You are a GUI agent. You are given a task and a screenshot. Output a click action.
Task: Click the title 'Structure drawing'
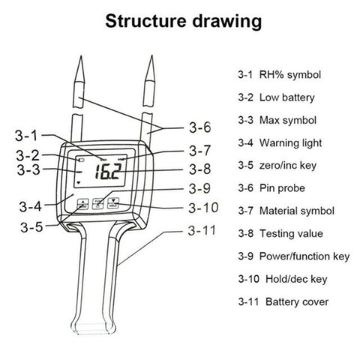tap(184, 22)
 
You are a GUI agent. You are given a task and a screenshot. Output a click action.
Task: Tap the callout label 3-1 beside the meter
tap(26, 136)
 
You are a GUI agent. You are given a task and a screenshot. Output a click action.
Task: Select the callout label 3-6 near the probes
tap(200, 127)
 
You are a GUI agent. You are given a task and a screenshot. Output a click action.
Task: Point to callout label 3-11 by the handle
tap(202, 230)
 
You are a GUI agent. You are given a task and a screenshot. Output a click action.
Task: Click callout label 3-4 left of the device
tap(31, 206)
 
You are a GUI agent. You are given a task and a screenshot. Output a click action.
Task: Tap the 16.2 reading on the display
tap(108, 171)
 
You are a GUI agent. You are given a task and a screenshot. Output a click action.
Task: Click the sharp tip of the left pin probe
tap(80, 56)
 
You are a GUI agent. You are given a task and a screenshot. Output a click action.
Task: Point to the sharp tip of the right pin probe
tap(151, 56)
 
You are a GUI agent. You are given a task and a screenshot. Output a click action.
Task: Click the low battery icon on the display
tap(81, 160)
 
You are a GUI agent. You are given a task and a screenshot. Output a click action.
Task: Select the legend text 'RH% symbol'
tap(290, 74)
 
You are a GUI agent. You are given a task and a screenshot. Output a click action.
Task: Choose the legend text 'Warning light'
tap(290, 143)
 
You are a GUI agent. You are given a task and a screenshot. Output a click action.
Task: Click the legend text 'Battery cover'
tap(297, 301)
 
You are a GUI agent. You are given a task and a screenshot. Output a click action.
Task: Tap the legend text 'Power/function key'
tap(304, 256)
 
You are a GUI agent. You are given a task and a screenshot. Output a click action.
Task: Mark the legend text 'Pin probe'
tap(282, 188)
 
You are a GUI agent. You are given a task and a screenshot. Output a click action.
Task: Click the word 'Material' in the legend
tap(278, 211)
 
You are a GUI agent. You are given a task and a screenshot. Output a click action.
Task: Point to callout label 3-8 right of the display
tap(200, 169)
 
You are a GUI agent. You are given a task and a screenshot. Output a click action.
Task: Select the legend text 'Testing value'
tap(291, 234)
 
